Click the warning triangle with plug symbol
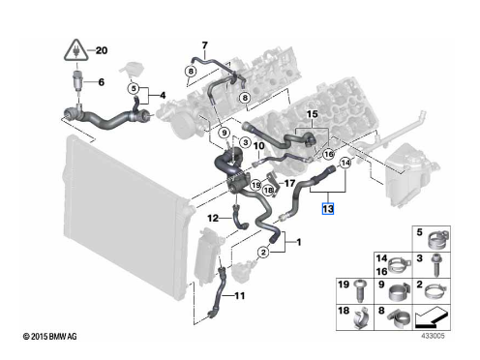(x=76, y=50)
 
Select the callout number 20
(x=102, y=50)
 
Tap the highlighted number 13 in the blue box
(x=328, y=209)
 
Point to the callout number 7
(x=205, y=45)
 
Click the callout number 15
(x=312, y=114)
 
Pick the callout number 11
(x=239, y=295)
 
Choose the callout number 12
(x=213, y=219)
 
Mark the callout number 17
(x=289, y=183)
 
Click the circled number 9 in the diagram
(x=225, y=133)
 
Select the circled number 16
(x=328, y=154)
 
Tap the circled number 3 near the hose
(x=246, y=142)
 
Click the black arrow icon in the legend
(x=431, y=316)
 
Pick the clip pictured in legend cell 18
(x=361, y=318)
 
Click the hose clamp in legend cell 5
(x=437, y=240)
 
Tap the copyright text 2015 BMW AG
(x=50, y=337)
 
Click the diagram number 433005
(x=433, y=336)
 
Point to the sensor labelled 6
(x=77, y=80)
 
